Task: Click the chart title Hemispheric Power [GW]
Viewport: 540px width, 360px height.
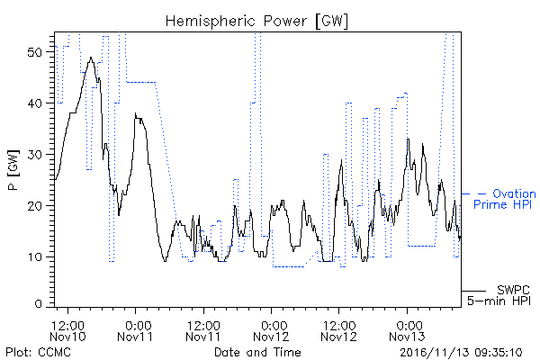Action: pyautogui.click(x=256, y=22)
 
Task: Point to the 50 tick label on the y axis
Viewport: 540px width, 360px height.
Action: pyautogui.click(x=34, y=52)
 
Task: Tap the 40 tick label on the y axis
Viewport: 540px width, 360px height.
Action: pyautogui.click(x=34, y=103)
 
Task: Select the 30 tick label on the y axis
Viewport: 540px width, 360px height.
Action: pyautogui.click(x=34, y=155)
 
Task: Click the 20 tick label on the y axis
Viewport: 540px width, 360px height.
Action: pyautogui.click(x=34, y=206)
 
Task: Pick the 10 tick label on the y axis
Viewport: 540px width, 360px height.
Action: pyautogui.click(x=34, y=257)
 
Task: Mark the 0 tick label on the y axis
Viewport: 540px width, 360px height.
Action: pyautogui.click(x=38, y=304)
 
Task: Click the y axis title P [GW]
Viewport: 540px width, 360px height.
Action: pyautogui.click(x=13, y=170)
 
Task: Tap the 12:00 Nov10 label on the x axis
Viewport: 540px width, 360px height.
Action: pyautogui.click(x=67, y=330)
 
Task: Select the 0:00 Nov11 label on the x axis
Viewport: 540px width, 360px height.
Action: pyautogui.click(x=135, y=330)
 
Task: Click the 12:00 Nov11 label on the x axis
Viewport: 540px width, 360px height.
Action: pyautogui.click(x=203, y=330)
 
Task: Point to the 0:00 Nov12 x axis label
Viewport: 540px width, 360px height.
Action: pyautogui.click(x=271, y=330)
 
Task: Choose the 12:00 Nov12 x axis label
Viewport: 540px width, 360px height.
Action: pyautogui.click(x=339, y=330)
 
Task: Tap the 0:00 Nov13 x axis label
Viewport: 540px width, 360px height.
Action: pyautogui.click(x=407, y=330)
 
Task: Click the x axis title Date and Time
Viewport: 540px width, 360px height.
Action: pyautogui.click(x=257, y=352)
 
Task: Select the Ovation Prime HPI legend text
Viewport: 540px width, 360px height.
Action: pyautogui.click(x=505, y=199)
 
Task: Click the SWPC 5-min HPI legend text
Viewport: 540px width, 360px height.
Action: pyautogui.click(x=499, y=295)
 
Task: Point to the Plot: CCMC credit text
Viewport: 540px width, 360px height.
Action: pyautogui.click(x=38, y=352)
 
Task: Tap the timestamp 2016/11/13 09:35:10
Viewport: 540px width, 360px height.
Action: pyautogui.click(x=461, y=353)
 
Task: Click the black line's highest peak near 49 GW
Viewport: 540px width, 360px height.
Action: pyautogui.click(x=91, y=58)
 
